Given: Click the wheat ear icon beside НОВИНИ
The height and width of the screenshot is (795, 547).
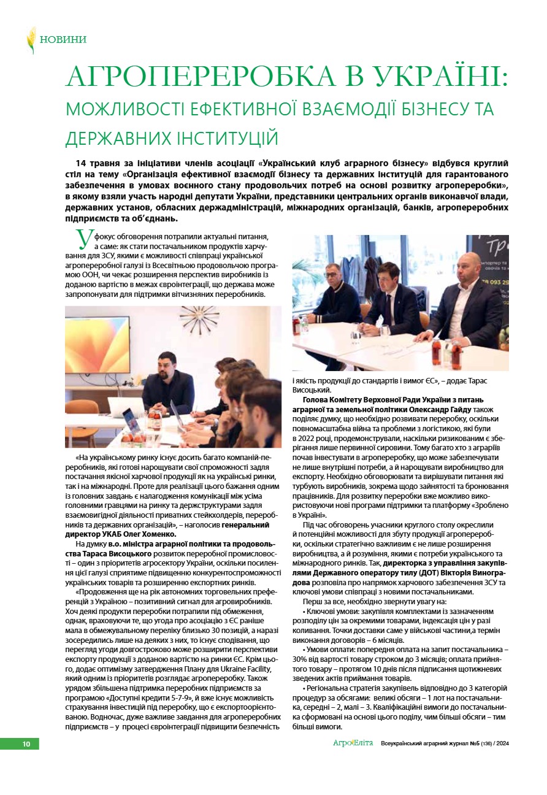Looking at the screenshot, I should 31,40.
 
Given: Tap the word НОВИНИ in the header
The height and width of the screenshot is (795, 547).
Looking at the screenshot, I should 63,40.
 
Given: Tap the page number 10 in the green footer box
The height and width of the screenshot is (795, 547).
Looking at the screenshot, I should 26,744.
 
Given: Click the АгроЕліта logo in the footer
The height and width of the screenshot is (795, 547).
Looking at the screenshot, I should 353,743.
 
